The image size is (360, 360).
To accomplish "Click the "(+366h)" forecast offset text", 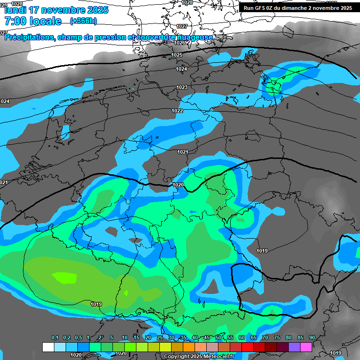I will point(83,21).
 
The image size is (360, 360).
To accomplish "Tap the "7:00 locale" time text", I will point(33,21).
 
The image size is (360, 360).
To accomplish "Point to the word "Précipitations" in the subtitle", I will point(29,37).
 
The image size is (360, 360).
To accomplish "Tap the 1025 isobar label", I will point(177,55).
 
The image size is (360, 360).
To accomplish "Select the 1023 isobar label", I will point(182,87).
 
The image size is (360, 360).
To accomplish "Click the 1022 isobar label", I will point(177,111).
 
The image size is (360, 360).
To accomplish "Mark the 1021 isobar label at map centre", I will point(182,152).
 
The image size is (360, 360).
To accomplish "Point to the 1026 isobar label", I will point(180,43).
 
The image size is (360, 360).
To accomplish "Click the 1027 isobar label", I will point(182,26).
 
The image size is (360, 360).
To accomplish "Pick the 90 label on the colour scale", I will point(312,337).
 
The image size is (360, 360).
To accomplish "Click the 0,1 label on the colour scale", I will point(55,337).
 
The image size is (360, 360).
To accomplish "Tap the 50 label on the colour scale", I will point(218,337).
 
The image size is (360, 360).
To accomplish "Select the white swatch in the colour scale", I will point(48,347).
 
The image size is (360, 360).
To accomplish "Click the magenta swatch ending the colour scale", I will point(306,347).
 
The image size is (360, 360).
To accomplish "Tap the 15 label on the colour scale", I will point(136,337).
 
